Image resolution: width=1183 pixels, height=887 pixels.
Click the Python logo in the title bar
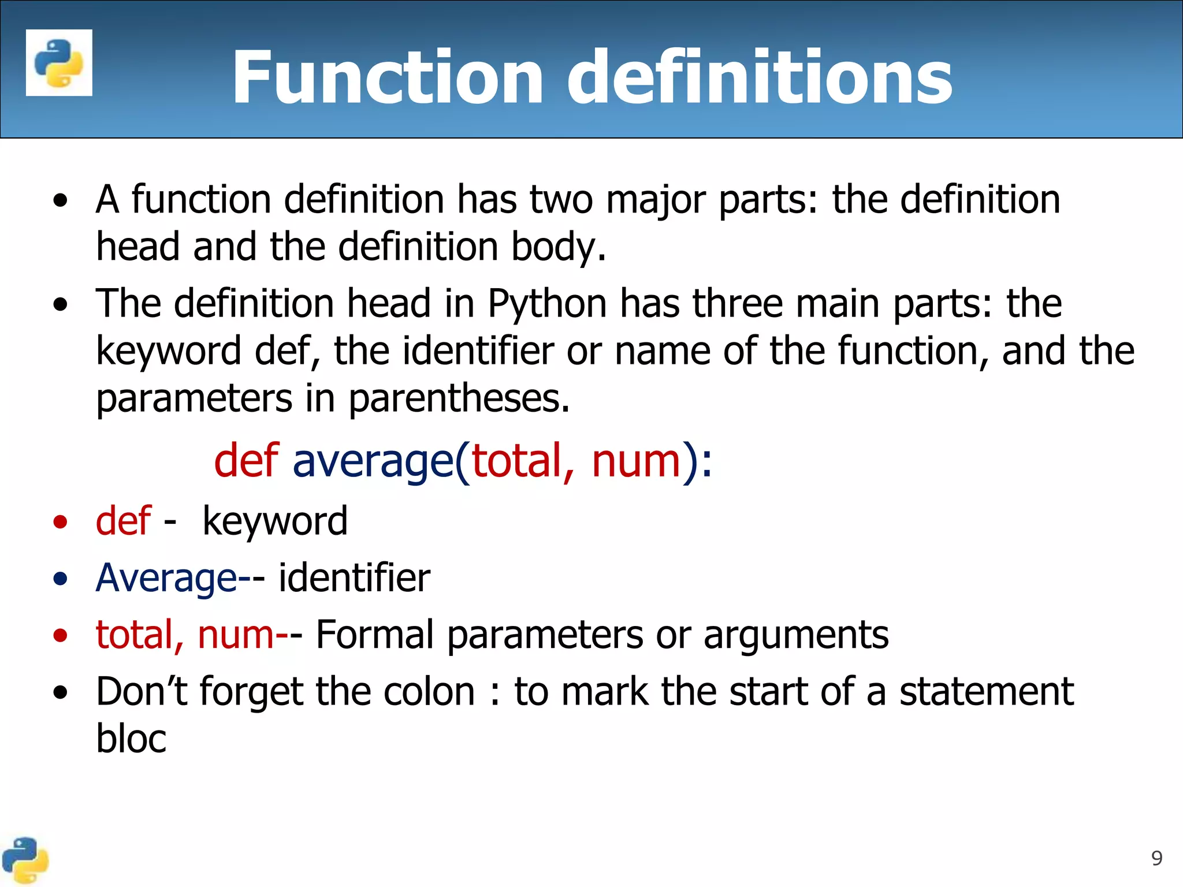click(x=59, y=63)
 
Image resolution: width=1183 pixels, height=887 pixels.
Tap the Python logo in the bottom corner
click(x=25, y=860)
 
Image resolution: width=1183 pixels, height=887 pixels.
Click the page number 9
click(x=1156, y=859)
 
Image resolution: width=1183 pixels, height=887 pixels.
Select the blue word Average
click(x=166, y=578)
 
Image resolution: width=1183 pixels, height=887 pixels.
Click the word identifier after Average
click(x=354, y=577)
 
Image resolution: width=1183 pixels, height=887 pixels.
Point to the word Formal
click(x=375, y=635)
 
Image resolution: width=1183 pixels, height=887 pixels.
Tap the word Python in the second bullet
click(x=547, y=304)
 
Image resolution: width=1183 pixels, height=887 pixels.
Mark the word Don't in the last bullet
click(x=142, y=691)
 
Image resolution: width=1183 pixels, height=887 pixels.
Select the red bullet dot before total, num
click(x=60, y=636)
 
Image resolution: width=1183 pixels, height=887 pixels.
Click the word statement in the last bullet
click(x=987, y=691)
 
